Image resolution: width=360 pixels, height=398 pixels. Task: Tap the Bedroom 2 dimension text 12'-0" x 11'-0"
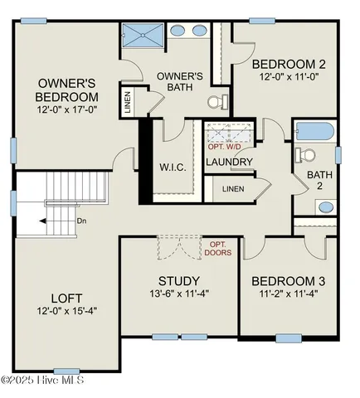(x=289, y=78)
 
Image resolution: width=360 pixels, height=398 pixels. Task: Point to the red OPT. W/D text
(x=224, y=147)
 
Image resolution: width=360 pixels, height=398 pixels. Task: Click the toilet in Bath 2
(x=306, y=155)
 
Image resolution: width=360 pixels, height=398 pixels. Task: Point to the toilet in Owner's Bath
(x=216, y=103)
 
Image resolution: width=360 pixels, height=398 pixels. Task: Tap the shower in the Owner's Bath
(x=144, y=36)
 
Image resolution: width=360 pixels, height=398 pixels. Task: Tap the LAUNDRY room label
(x=229, y=162)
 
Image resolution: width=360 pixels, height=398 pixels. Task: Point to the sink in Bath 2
(x=326, y=206)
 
